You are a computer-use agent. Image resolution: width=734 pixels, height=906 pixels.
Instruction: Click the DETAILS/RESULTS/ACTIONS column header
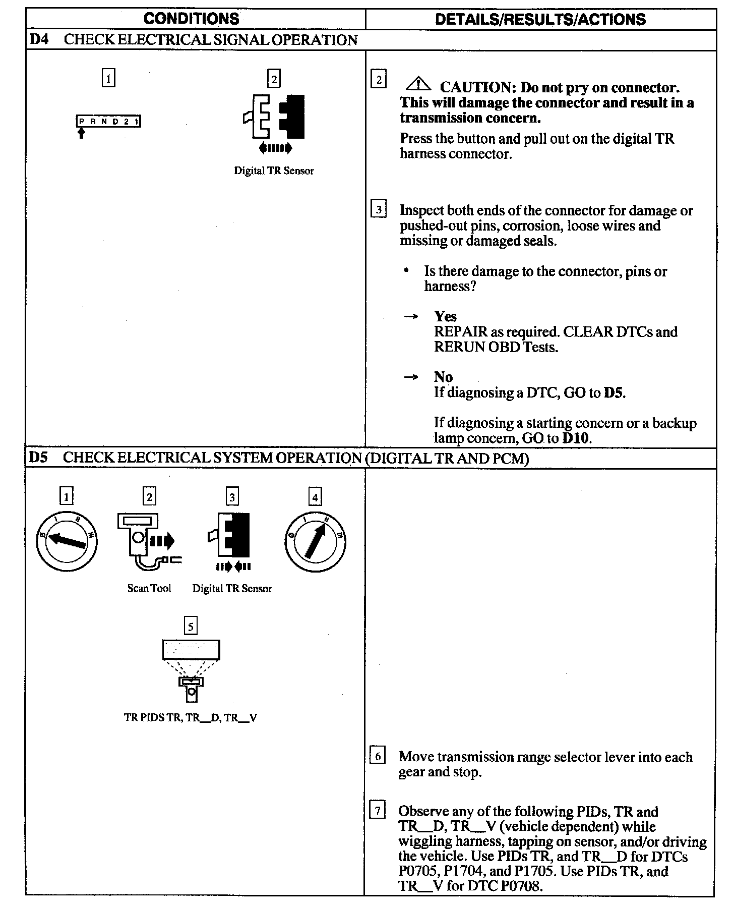click(x=540, y=20)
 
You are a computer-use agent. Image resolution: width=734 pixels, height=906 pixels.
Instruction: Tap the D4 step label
click(x=39, y=40)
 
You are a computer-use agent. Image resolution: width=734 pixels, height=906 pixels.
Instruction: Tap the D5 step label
click(x=38, y=458)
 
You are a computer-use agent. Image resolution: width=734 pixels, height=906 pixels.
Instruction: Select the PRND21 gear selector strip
click(x=108, y=122)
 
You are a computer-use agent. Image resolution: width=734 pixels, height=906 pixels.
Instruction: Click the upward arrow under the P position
click(x=82, y=133)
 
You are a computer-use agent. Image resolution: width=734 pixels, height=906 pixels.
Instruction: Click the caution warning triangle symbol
click(x=418, y=84)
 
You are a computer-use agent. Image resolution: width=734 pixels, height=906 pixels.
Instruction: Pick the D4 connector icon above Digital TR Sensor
click(x=274, y=118)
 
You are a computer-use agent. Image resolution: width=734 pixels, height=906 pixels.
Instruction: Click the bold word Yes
click(x=445, y=316)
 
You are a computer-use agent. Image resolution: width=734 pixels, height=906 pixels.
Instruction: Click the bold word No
click(x=443, y=377)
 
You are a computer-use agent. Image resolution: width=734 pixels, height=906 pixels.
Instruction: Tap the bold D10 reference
click(x=576, y=438)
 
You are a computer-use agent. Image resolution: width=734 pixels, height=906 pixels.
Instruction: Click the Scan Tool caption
click(x=149, y=588)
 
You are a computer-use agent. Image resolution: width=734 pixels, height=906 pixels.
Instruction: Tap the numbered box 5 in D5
click(x=191, y=626)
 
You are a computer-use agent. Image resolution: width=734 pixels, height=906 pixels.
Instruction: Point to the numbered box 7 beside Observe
click(x=377, y=812)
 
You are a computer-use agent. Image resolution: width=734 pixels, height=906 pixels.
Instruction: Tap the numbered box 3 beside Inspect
click(x=379, y=209)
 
